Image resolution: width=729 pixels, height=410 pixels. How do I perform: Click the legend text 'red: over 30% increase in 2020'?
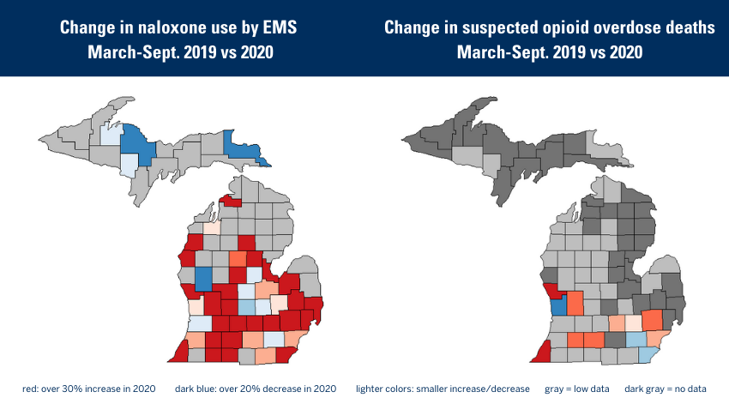pos(89,389)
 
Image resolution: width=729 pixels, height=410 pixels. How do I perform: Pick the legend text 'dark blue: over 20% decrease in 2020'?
pos(256,389)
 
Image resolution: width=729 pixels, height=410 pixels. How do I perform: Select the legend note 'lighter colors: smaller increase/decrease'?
pos(443,389)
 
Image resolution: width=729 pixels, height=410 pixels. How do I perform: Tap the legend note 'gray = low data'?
pos(576,389)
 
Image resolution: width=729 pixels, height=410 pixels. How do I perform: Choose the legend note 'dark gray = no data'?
pos(666,389)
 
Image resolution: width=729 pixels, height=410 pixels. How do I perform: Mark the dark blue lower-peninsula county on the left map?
pos(204,278)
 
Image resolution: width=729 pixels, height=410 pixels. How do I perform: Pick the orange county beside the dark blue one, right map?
pos(575,304)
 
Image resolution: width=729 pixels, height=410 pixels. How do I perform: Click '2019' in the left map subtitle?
pos(193,52)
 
